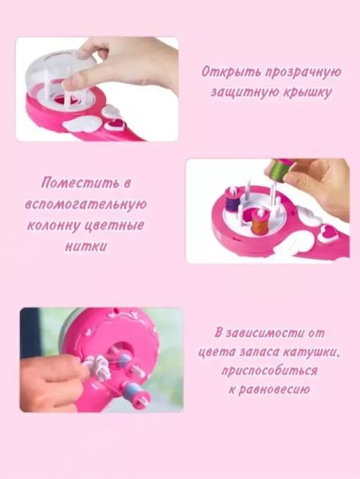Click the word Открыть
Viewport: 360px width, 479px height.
point(228,72)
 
